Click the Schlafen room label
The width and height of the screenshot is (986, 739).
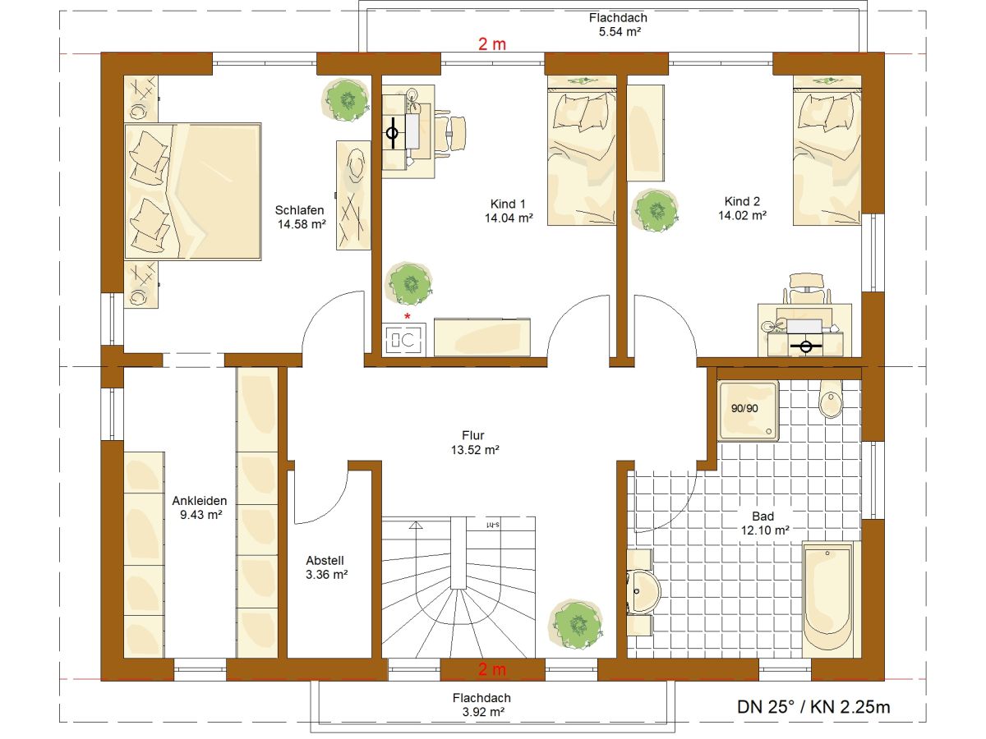[x=299, y=210]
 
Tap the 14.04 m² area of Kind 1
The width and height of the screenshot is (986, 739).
[x=509, y=218]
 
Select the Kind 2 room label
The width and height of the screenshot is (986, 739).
[x=742, y=201]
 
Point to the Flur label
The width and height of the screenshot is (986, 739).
[x=473, y=435]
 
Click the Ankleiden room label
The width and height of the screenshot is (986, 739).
[x=200, y=501]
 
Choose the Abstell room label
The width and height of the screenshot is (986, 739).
[x=325, y=561]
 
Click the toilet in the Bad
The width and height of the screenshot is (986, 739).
[x=831, y=399]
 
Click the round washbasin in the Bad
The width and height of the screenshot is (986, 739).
[x=643, y=592]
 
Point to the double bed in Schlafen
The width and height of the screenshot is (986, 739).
[x=193, y=191]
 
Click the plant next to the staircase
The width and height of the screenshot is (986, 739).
[x=576, y=624]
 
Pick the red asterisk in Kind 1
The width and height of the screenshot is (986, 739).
[x=408, y=317]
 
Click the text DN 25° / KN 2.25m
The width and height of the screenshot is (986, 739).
[x=813, y=707]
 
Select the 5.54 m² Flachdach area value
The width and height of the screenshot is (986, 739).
[x=620, y=32]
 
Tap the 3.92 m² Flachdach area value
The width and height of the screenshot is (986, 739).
[x=483, y=712]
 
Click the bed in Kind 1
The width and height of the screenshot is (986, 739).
[x=582, y=150]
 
